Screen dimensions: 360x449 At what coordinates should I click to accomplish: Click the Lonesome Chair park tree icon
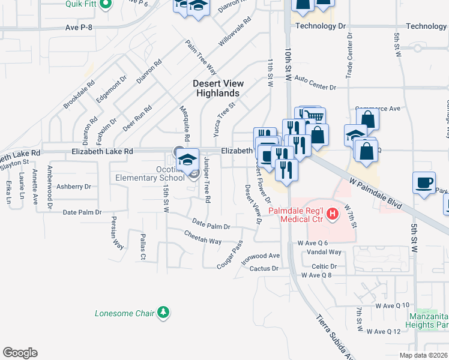tap(163, 313)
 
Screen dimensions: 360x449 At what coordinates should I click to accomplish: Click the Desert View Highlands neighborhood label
tap(218, 88)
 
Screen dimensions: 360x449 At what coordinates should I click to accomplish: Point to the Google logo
tap(20, 353)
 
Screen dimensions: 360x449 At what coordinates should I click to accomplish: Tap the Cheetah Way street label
tap(203, 237)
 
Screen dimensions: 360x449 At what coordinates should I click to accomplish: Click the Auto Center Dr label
tap(315, 83)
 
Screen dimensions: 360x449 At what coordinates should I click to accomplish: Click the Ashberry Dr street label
tap(73, 187)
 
